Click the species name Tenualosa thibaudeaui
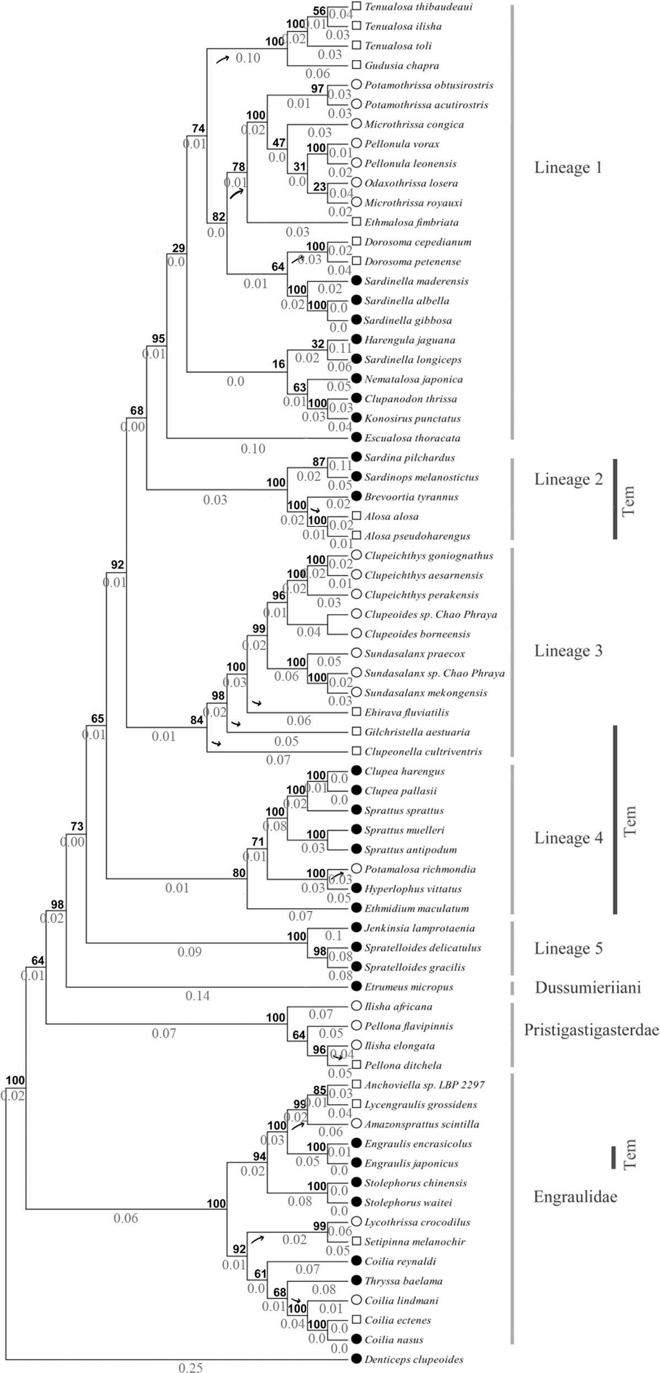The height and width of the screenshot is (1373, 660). (x=418, y=7)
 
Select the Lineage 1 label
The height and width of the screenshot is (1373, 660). (x=568, y=168)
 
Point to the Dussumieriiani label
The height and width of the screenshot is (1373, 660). (x=588, y=987)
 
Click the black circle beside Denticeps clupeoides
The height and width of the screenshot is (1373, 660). (x=356, y=1359)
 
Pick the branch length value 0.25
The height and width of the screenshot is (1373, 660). (x=190, y=1367)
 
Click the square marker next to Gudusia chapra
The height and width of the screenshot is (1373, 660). (x=357, y=65)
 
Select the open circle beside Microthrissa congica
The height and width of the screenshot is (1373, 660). (x=356, y=123)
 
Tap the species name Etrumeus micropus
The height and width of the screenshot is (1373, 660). (x=409, y=987)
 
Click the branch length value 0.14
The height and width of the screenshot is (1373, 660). (x=198, y=996)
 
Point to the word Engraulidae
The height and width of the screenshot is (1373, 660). (x=575, y=1196)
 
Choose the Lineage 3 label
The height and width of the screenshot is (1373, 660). (x=568, y=651)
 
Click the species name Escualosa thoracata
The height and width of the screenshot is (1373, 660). (x=412, y=438)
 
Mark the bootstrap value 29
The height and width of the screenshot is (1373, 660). (x=179, y=249)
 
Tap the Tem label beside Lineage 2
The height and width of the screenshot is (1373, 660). (x=629, y=499)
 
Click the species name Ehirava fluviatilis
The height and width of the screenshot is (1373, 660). (x=406, y=713)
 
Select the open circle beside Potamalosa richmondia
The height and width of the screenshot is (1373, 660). (x=356, y=869)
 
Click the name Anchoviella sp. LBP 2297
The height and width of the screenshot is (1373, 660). (x=424, y=1085)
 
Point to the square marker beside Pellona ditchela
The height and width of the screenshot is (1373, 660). (x=357, y=1064)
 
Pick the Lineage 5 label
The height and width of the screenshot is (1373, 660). (x=568, y=949)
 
